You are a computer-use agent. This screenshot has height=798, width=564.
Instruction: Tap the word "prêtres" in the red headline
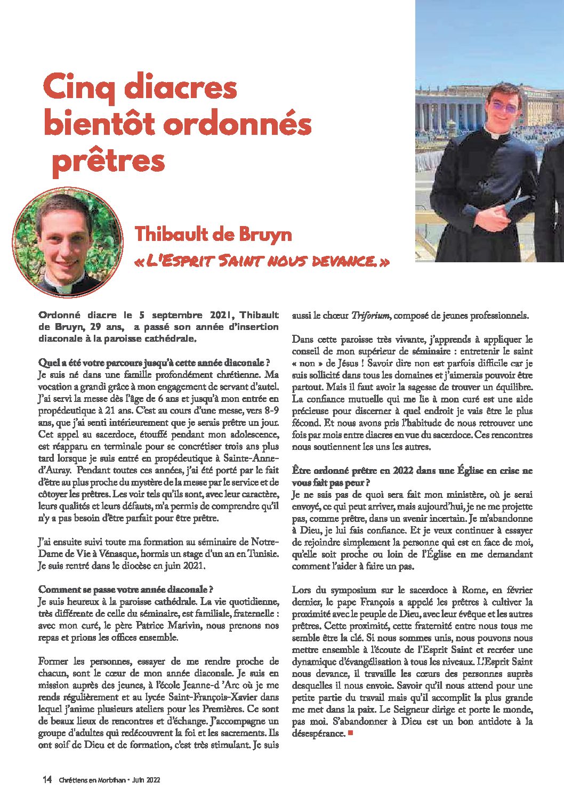click(x=109, y=161)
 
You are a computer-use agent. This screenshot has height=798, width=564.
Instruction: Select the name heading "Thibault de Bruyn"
click(x=213, y=234)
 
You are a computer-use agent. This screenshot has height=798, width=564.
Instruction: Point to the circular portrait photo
click(x=68, y=243)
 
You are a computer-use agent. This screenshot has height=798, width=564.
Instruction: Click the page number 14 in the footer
click(x=47, y=780)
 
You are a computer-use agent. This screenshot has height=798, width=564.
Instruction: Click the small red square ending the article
click(x=350, y=733)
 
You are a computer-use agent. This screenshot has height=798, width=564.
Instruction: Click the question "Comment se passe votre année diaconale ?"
click(x=126, y=590)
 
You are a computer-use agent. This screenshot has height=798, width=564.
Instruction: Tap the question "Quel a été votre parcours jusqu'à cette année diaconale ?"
click(x=158, y=363)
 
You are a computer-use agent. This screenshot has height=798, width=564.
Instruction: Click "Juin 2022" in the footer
click(x=146, y=780)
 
